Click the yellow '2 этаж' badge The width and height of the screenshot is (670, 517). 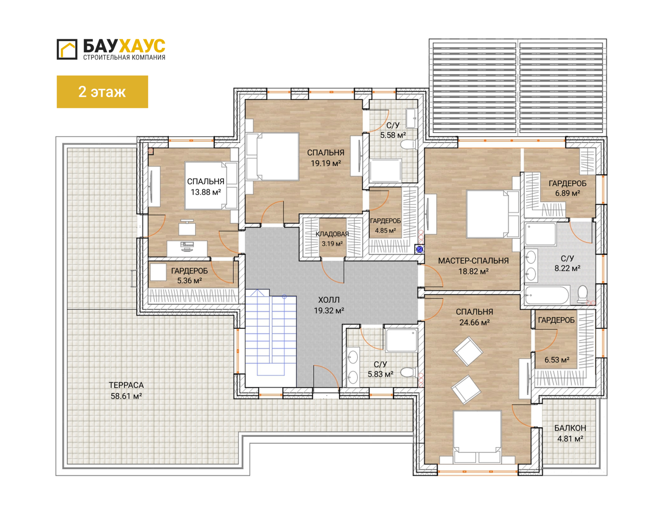(x=102, y=92)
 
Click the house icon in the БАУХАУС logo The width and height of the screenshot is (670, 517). (x=67, y=49)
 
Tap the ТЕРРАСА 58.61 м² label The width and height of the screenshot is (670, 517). (x=126, y=390)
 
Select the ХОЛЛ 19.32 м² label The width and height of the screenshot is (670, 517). (x=329, y=305)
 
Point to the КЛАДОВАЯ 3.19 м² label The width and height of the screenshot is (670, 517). (x=332, y=239)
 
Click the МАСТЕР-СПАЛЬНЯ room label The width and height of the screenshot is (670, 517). (x=473, y=261)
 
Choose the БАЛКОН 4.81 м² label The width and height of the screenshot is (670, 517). (x=570, y=433)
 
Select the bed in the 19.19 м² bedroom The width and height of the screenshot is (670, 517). (x=272, y=157)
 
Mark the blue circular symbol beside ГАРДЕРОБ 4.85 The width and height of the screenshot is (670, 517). (x=420, y=249)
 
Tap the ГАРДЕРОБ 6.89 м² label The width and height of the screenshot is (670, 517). (x=568, y=188)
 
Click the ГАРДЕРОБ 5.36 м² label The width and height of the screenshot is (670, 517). (x=189, y=276)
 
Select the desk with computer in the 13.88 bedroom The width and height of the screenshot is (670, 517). (x=187, y=248)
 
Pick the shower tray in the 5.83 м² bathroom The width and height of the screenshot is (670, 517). (x=401, y=340)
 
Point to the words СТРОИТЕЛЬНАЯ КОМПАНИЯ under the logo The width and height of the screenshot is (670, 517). (x=124, y=57)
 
